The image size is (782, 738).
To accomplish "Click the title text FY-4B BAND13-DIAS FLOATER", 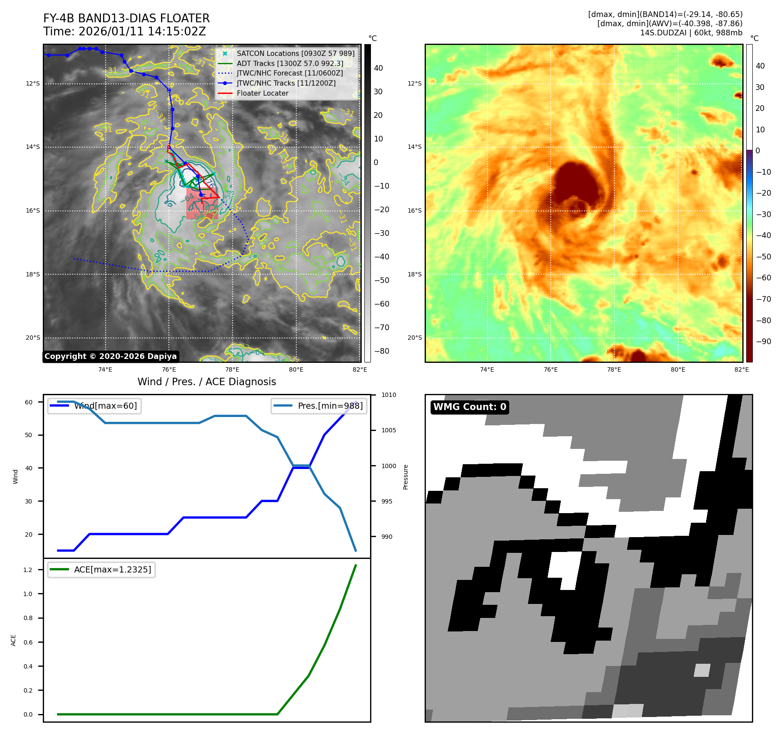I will (126, 18).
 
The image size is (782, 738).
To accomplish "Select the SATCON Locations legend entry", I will (295, 53).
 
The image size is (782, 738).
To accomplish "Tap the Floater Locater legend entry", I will (262, 93).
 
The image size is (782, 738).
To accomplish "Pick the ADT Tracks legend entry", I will (290, 63).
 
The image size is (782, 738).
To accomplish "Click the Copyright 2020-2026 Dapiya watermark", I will (110, 356).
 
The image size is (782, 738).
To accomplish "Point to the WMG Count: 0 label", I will (470, 407).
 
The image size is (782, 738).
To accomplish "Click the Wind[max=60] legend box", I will (94, 406).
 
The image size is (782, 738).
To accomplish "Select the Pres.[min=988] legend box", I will (319, 406).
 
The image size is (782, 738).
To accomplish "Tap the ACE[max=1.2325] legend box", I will (101, 569).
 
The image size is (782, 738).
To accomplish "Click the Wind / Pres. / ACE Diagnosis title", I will (206, 382).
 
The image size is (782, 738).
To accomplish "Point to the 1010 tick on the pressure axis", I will (388, 395).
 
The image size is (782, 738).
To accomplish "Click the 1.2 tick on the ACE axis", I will (28, 570).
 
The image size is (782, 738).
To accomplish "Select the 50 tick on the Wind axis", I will (28, 435).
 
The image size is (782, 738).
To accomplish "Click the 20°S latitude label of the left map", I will (33, 338).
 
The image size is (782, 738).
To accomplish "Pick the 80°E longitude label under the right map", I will (678, 369).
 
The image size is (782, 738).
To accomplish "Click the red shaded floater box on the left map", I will (202, 203).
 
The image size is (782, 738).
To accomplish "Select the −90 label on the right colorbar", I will (763, 341).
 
